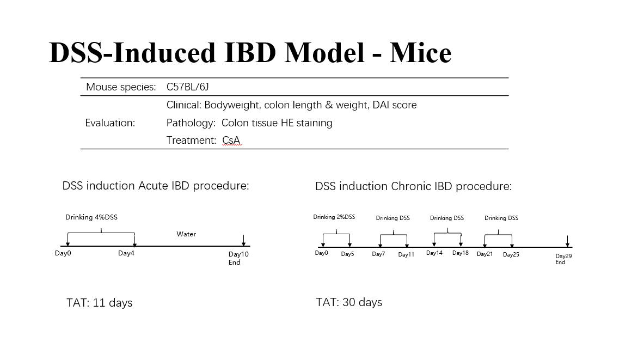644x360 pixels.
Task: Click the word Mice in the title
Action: pyautogui.click(x=420, y=53)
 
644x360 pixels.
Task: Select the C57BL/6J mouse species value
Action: pyautogui.click(x=188, y=87)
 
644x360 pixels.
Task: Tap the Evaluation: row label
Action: pyautogui.click(x=110, y=123)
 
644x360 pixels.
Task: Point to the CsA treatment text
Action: pyautogui.click(x=231, y=141)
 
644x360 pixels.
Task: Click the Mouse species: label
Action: pyautogui.click(x=121, y=87)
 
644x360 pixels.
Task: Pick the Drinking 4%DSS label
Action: pyautogui.click(x=91, y=217)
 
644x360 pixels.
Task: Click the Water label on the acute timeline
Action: pyautogui.click(x=186, y=234)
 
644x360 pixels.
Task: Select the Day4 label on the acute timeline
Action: pyautogui.click(x=126, y=254)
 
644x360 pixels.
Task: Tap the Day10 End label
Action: pyautogui.click(x=238, y=258)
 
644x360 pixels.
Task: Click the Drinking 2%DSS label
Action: pyautogui.click(x=334, y=217)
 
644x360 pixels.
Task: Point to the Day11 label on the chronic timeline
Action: pyautogui.click(x=406, y=255)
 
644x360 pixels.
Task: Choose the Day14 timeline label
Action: pyautogui.click(x=434, y=253)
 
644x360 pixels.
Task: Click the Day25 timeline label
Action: pyautogui.click(x=511, y=255)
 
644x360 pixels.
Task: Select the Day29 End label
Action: pyautogui.click(x=563, y=259)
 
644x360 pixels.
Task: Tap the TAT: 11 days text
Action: pyautogui.click(x=100, y=303)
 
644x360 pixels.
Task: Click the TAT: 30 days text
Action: pyautogui.click(x=349, y=302)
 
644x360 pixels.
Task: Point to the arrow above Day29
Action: pyautogui.click(x=568, y=241)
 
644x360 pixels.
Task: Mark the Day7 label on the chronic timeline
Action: pyautogui.click(x=378, y=254)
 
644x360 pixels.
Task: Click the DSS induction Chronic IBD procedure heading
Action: pyautogui.click(x=414, y=186)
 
